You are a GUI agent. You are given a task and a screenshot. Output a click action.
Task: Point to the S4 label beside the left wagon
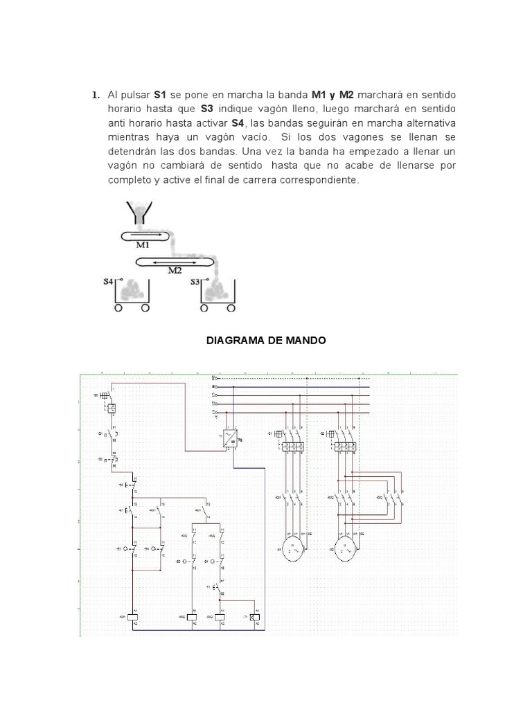(109, 281)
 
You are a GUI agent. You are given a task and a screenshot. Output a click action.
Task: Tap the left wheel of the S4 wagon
(118, 308)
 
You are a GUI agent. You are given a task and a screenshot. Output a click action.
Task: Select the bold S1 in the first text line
(161, 95)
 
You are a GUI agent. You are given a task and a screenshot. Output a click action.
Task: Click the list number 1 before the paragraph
(96, 95)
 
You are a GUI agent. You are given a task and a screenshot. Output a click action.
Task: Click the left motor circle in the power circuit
(291, 548)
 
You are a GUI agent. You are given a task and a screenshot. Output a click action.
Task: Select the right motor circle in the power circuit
(344, 548)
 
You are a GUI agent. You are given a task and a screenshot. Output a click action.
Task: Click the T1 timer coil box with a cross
(254, 616)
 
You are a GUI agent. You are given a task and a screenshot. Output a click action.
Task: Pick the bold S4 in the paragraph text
(238, 123)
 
